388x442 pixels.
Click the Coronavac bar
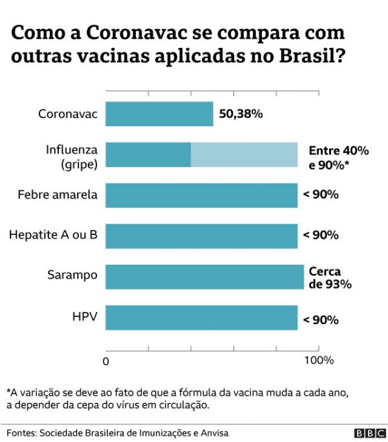159,114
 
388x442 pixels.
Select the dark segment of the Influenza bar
148,155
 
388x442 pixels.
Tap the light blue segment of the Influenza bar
244,155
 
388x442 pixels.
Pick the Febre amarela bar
201,195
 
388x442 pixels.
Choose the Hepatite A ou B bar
201,236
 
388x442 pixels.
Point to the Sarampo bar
204,276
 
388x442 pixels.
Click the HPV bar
201,318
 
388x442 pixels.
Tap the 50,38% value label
241,115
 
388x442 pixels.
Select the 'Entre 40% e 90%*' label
338,157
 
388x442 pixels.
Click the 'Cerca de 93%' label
330,278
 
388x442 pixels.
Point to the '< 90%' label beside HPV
321,319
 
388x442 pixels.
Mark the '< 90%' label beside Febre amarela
321,194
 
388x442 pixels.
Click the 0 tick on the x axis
106,360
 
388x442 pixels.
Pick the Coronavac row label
68,115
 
